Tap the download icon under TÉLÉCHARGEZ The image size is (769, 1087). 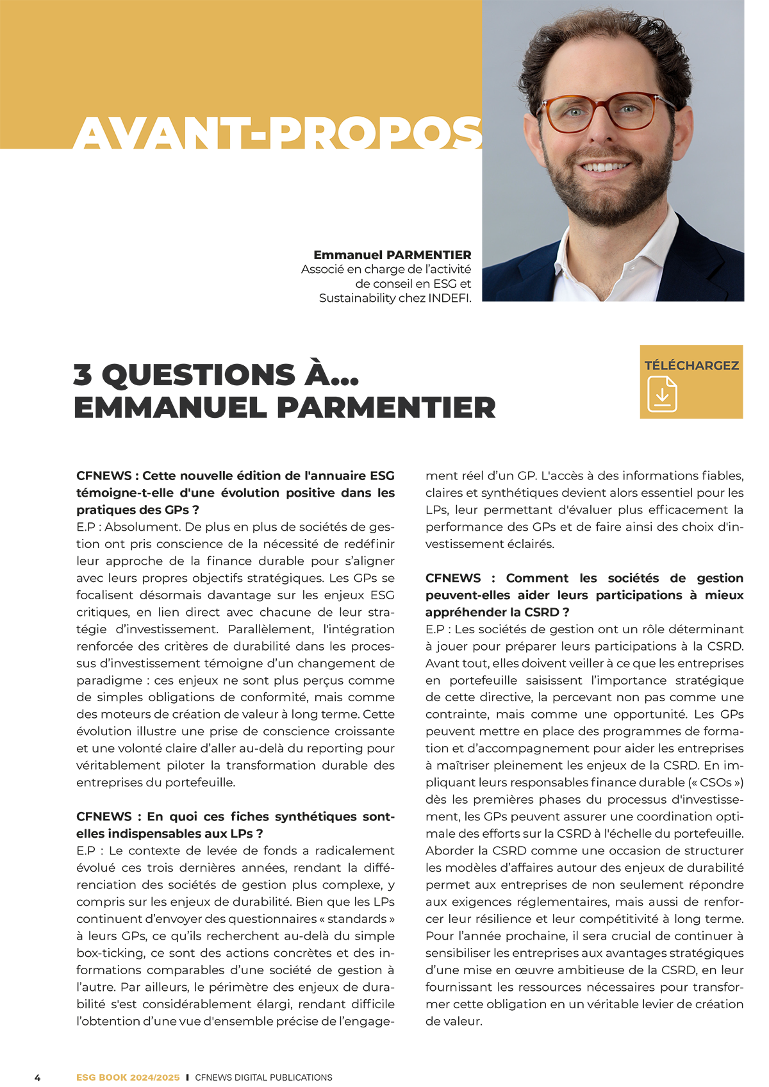pos(662,394)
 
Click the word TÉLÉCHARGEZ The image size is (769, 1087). pos(691,365)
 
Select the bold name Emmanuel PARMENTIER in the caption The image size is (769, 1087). pos(392,255)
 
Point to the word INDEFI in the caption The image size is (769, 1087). pos(449,298)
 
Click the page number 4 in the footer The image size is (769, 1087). pos(37,1077)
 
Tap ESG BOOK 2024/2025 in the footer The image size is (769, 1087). pos(128,1077)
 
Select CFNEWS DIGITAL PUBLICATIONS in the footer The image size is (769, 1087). pos(263,1077)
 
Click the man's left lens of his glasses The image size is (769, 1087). pos(632,112)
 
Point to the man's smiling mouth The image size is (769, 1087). pos(605,167)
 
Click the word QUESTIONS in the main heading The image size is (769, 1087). pos(198,375)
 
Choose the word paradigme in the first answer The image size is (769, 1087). pos(110,680)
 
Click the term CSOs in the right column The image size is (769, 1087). pos(714,783)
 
